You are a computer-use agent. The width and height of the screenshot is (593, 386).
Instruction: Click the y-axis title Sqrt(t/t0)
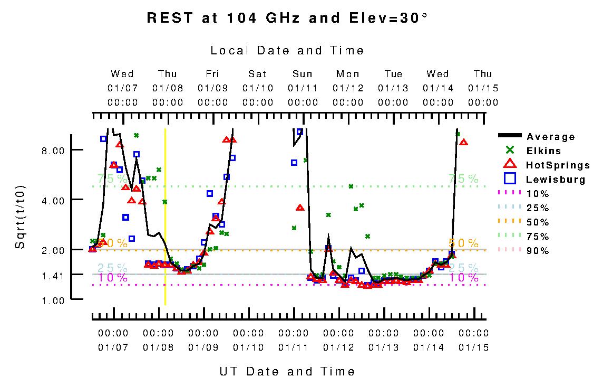20,216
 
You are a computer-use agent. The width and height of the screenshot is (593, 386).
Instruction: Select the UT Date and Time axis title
287,371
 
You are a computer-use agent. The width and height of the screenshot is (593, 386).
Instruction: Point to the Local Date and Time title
287,51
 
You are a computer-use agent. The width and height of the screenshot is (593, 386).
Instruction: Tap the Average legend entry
550,137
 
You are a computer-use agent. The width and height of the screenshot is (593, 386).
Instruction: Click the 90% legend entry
538,251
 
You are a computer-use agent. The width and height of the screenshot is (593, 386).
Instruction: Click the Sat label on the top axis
258,74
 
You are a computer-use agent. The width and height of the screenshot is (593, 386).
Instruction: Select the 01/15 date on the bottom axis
473,347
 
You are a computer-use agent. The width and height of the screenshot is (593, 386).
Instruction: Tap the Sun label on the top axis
303,74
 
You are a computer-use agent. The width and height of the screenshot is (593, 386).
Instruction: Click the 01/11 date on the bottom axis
293,347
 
